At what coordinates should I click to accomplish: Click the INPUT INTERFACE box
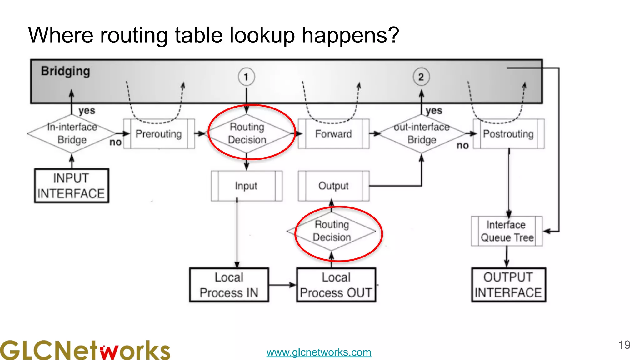(72, 186)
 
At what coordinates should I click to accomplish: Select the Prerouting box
(159, 134)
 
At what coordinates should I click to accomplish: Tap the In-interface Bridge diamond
(72, 134)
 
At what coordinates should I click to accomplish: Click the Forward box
(333, 134)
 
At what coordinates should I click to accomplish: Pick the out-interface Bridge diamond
(421, 134)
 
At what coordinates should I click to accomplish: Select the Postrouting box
(508, 134)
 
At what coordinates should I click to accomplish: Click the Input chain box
(246, 186)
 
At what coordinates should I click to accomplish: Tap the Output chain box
(333, 186)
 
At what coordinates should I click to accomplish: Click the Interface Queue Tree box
(507, 231)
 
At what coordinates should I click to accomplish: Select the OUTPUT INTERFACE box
(508, 285)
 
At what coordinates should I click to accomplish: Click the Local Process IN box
(229, 285)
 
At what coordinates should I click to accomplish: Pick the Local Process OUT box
(336, 285)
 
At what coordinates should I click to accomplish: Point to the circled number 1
(246, 77)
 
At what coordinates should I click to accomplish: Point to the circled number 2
(421, 77)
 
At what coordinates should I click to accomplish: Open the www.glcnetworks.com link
(319, 352)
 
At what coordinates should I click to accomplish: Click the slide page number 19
(624, 345)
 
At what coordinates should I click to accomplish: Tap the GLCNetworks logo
(85, 350)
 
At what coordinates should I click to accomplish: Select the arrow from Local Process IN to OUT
(282, 285)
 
